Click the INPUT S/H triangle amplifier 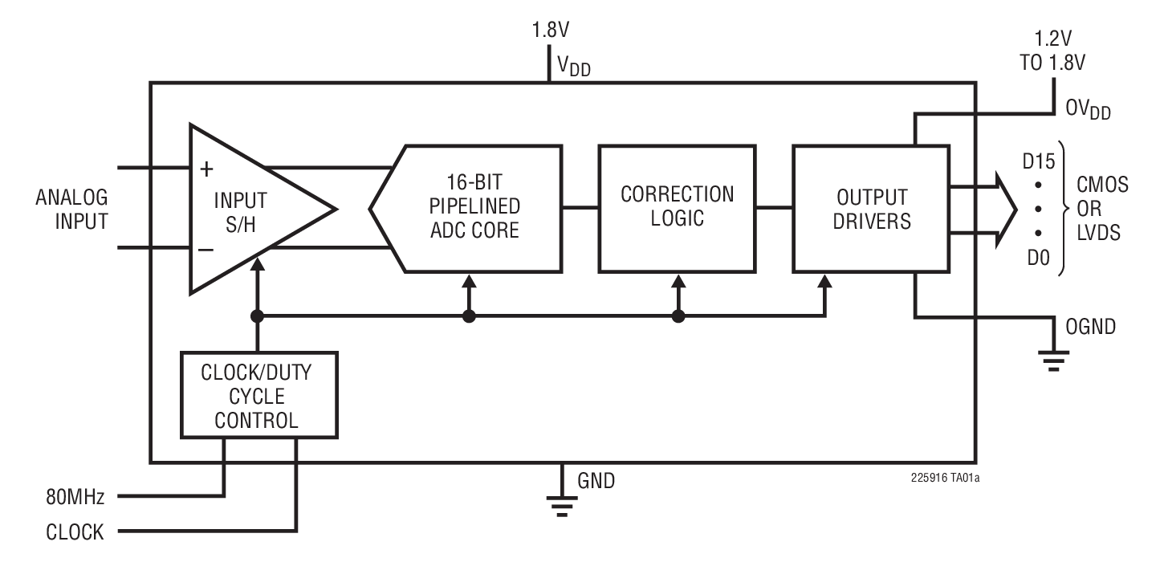coord(241,209)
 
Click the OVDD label coord(1087,111)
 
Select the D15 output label coord(1039,162)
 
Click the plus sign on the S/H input coord(206,169)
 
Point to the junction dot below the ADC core coord(470,316)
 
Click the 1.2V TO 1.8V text coord(1052,51)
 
